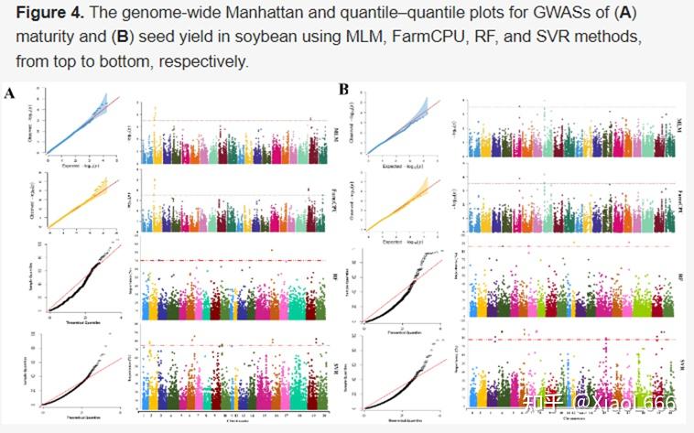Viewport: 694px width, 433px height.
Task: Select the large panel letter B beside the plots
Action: click(344, 90)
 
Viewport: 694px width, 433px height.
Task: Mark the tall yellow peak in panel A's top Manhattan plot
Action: click(156, 114)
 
